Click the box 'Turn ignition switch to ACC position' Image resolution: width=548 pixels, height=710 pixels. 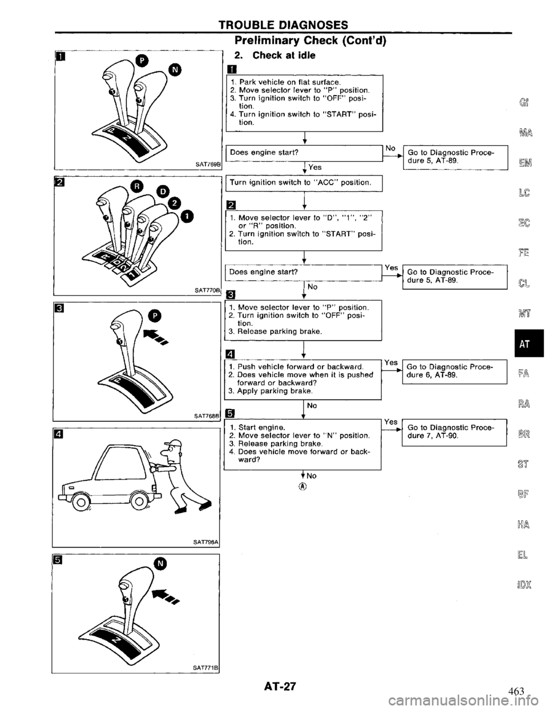click(x=304, y=182)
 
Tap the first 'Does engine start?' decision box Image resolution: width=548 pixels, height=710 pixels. click(x=304, y=152)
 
